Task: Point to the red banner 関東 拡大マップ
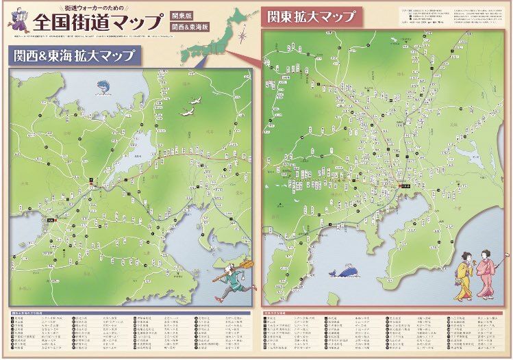click(311, 16)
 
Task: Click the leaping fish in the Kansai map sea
click(103, 86)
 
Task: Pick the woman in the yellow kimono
click(464, 274)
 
